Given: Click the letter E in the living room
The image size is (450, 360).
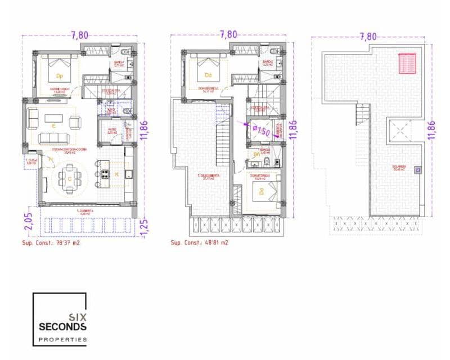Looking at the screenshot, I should click(53, 126).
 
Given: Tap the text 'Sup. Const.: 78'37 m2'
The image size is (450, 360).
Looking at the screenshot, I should click(51, 243).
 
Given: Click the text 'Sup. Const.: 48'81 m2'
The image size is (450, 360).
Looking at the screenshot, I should click(200, 243).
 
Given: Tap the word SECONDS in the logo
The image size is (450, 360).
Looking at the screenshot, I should click(62, 326).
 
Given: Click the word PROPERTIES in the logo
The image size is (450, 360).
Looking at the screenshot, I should click(62, 339).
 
